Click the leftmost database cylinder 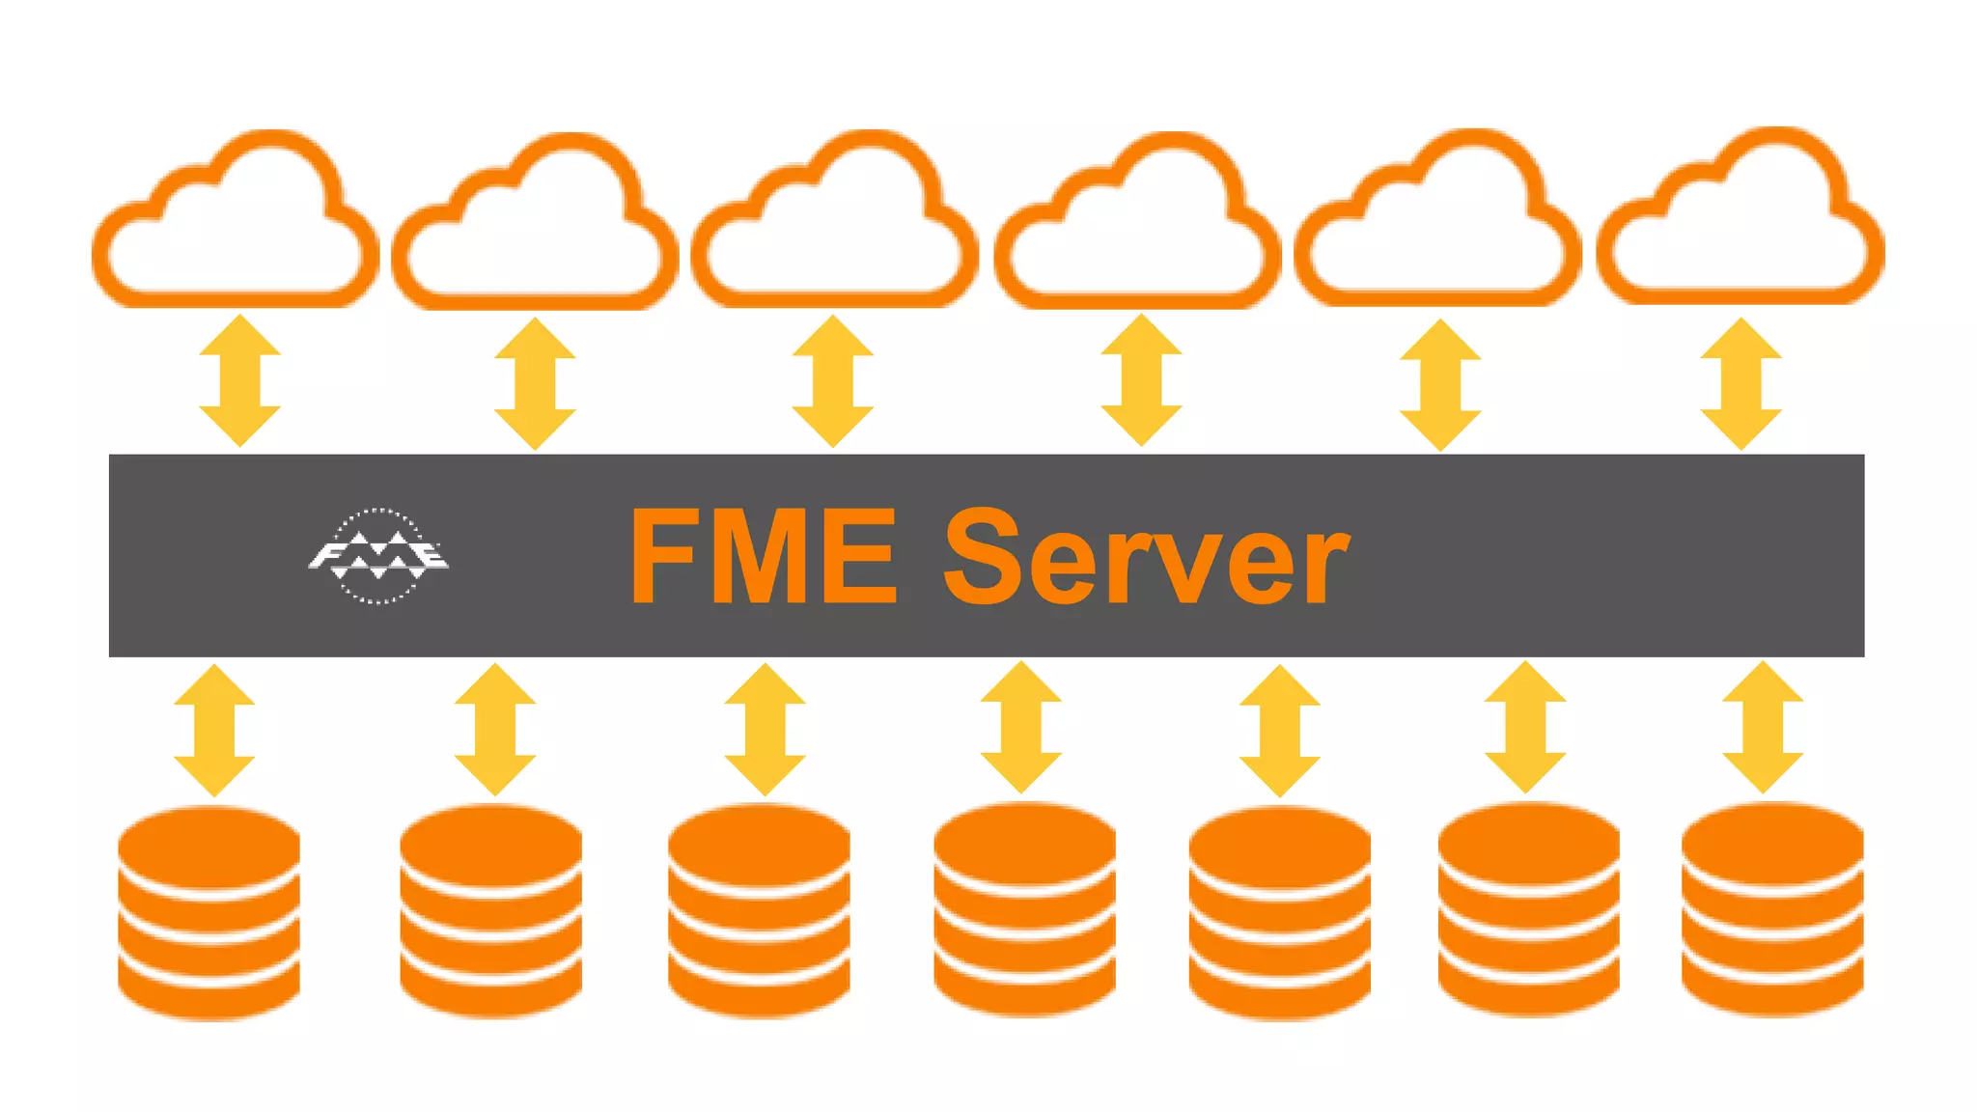(x=209, y=913)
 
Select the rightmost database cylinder (x=1772, y=910)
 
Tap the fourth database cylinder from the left (x=1024, y=910)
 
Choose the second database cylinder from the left (x=490, y=911)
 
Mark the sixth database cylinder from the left (x=1528, y=910)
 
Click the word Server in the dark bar (x=1146, y=558)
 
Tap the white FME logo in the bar (x=378, y=556)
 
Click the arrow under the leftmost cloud (x=239, y=380)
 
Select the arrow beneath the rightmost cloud (x=1740, y=383)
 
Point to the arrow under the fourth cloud (x=1141, y=379)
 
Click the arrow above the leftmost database (x=214, y=730)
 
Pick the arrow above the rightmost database (x=1763, y=727)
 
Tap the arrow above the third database (x=765, y=729)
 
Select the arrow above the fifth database (x=1279, y=730)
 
